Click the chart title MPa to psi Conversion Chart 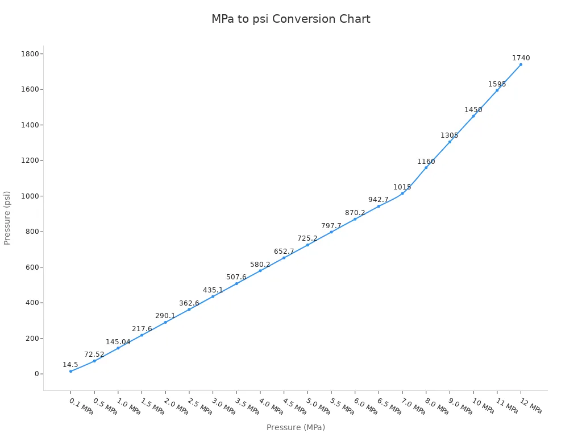(x=290, y=19)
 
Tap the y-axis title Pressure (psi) (x=7, y=218)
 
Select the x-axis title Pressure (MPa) (x=296, y=427)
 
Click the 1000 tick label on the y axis (x=30, y=196)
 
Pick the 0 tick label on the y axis (x=36, y=374)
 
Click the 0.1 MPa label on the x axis (x=81, y=406)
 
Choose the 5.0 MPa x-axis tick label (x=318, y=406)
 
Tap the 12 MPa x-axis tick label (x=532, y=406)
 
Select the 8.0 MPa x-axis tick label (x=437, y=406)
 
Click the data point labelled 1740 (x=521, y=64)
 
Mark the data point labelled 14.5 (x=70, y=372)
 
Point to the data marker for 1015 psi (x=402, y=193)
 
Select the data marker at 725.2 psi (x=307, y=245)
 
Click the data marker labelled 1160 (x=426, y=167)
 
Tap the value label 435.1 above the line (x=213, y=290)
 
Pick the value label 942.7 (x=379, y=200)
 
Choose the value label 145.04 (x=118, y=342)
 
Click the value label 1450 (x=473, y=110)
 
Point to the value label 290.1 (x=165, y=316)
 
